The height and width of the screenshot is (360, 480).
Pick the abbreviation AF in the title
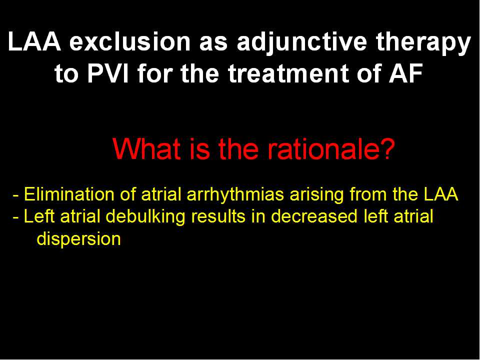click(406, 73)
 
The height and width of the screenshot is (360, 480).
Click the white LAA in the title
click(34, 41)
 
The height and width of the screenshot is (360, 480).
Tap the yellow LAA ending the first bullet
click(441, 194)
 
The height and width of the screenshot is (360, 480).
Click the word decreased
click(314, 216)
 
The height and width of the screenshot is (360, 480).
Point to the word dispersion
click(78, 239)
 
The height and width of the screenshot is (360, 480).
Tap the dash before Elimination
click(16, 195)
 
